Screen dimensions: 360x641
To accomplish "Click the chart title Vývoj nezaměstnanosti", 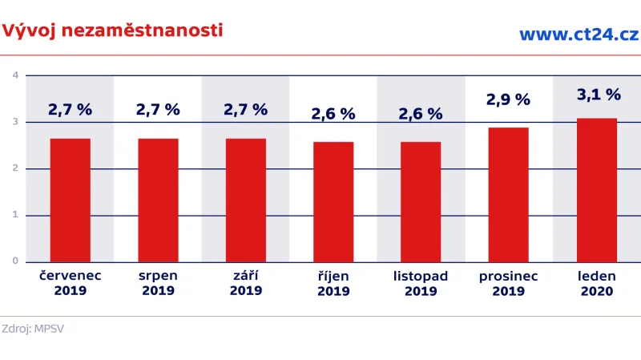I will (x=112, y=30).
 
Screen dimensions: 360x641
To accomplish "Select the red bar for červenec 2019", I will (x=70, y=200).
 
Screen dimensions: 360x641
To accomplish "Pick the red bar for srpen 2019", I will (x=158, y=200).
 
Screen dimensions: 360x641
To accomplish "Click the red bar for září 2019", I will (x=246, y=200).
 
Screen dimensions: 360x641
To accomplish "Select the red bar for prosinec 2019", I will (x=509, y=194).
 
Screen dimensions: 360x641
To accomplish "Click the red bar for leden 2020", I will (x=597, y=189).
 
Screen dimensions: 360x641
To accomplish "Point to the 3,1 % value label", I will (x=599, y=95).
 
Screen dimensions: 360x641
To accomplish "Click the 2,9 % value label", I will (x=509, y=100).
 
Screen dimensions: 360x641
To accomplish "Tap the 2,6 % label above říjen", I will (x=333, y=114).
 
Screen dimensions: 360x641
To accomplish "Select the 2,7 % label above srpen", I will (x=158, y=110).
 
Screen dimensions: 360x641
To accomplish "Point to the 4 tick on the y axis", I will (x=15, y=75).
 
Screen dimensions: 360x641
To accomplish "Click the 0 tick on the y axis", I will (x=15, y=261).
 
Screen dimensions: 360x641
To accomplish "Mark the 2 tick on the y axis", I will (x=15, y=168).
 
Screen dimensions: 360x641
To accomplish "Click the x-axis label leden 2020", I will (x=597, y=283).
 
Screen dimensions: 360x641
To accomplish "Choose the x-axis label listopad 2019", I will (x=421, y=283).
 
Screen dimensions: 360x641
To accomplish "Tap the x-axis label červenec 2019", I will (x=70, y=283).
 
